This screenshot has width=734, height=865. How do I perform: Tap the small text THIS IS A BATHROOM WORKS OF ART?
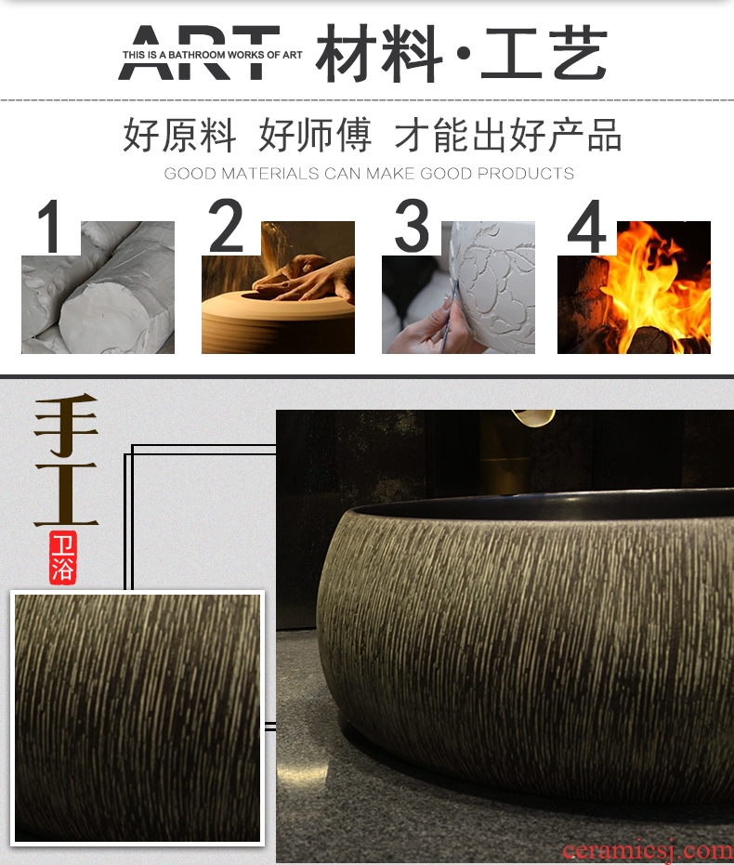213,55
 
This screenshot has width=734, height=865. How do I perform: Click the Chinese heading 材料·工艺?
462,53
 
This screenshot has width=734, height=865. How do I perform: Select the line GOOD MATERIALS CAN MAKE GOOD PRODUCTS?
369,173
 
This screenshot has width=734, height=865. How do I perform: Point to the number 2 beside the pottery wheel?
226,225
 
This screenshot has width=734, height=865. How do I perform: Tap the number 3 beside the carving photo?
412,225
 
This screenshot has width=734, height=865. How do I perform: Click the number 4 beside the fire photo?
587,226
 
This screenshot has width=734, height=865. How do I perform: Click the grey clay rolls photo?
98,287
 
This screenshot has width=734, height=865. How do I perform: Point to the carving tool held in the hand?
447,316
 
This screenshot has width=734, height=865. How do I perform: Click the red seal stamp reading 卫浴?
62,557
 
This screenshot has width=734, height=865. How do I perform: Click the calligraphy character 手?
66,426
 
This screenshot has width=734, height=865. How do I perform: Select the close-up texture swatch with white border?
138,717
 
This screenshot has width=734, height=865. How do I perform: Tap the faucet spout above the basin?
532,417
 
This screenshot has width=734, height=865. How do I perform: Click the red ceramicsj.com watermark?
648,851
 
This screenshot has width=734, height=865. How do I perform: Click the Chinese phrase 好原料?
179,135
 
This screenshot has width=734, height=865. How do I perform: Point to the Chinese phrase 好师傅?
315,135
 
